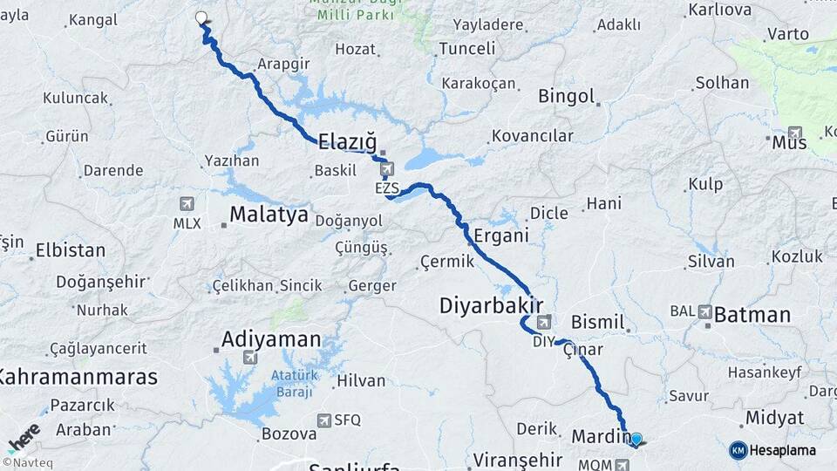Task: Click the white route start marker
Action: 202,17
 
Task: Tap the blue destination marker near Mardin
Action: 636,440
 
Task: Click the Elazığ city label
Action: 346,140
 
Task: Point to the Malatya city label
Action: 269,215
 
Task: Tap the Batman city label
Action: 752,315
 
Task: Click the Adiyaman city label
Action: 271,338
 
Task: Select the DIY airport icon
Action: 543,323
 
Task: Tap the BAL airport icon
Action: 704,311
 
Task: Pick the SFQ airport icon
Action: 325,420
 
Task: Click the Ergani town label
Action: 501,235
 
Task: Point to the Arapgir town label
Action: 282,64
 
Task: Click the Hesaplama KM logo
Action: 772,450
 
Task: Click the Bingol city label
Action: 566,96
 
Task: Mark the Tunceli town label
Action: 466,49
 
